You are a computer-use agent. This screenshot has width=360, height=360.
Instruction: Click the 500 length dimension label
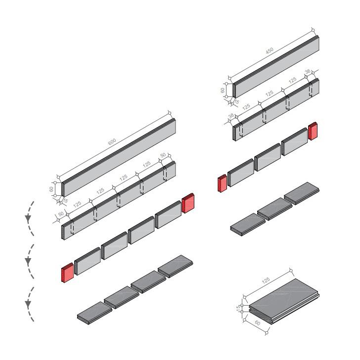[112, 142]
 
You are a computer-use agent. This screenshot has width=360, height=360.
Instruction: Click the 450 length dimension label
[270, 50]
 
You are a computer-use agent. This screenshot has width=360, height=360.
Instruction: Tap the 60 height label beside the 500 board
[51, 189]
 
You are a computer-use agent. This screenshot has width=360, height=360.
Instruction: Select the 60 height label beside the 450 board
[223, 90]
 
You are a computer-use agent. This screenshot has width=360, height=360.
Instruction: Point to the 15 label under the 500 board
[65, 200]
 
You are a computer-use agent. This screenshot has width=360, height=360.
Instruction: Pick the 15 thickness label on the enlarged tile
[238, 308]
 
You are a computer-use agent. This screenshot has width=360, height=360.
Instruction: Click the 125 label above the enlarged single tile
[266, 280]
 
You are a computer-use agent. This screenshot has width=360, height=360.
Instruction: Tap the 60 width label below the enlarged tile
[258, 323]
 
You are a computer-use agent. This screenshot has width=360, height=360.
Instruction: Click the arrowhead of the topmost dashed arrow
[28, 218]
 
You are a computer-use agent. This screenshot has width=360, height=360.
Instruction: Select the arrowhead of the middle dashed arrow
[28, 261]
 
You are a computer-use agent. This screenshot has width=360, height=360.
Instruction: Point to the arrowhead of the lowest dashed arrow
[28, 304]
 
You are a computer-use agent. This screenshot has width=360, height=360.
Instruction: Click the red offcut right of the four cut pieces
[188, 203]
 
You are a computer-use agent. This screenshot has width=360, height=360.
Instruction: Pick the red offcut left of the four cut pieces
[67, 272]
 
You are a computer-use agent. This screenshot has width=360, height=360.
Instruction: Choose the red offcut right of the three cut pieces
[313, 131]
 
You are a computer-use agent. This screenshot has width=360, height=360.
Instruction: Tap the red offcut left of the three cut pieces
[222, 183]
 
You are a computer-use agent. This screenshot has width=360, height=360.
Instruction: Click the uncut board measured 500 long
[119, 157]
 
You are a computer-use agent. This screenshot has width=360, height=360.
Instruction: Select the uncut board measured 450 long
[276, 67]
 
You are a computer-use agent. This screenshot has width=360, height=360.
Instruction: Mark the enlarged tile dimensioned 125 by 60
[284, 301]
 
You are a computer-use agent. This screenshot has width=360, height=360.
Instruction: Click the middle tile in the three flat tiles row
[275, 209]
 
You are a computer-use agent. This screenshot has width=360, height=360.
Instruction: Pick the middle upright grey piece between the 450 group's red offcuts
[268, 157]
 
